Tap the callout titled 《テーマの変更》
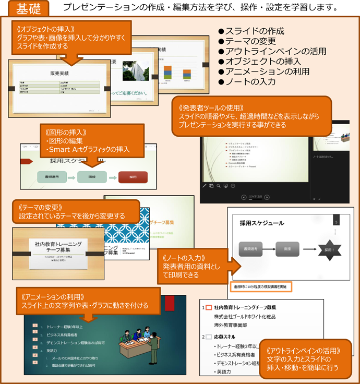tap(76, 211)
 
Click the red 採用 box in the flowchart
tap(133, 177)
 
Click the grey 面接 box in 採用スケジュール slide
tap(287, 249)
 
